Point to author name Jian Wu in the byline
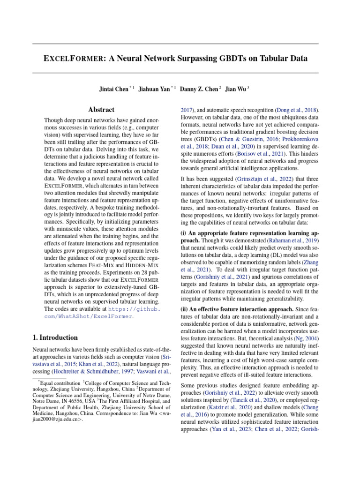coord(236,89)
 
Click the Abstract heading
coord(101,110)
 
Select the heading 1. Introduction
coord(55,337)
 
